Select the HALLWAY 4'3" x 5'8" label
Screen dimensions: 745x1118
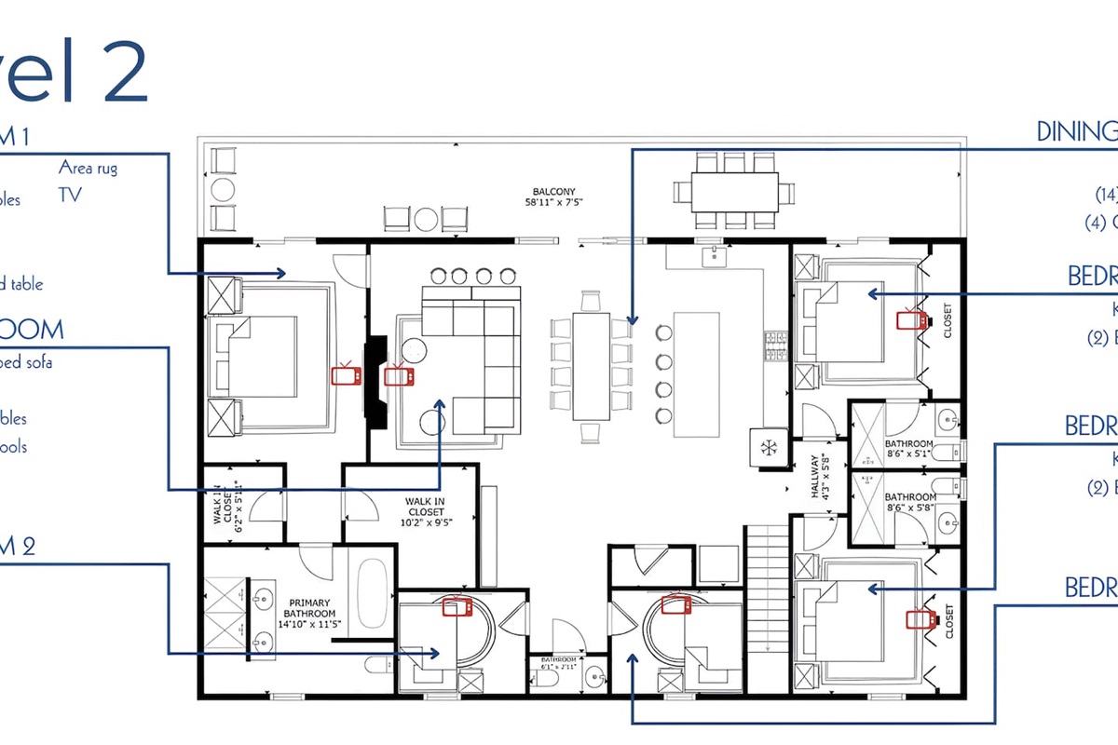(x=817, y=476)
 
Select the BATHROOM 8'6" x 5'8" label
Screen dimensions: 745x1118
(x=910, y=503)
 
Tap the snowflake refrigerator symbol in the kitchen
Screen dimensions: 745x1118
(x=770, y=447)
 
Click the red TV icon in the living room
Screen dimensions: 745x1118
(x=401, y=376)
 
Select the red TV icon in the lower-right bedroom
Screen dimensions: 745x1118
(x=920, y=618)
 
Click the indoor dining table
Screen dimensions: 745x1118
(x=591, y=366)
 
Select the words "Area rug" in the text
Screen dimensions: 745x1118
(x=88, y=169)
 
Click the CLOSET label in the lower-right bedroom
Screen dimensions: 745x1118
(x=948, y=622)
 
